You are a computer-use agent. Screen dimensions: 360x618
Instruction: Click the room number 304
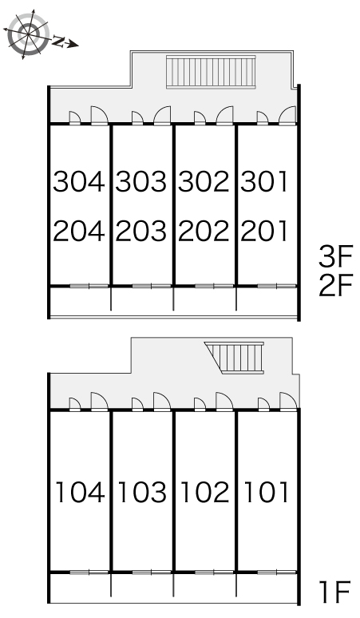(79, 181)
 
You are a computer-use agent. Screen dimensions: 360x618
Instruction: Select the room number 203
(141, 231)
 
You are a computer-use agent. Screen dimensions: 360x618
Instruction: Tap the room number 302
(204, 181)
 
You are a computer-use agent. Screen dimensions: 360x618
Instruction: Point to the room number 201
(264, 231)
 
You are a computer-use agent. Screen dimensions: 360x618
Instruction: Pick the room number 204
(79, 231)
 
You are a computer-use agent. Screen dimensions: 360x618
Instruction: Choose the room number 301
(264, 181)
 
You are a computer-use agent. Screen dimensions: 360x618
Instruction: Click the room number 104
(81, 492)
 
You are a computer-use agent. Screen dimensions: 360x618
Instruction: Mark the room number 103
(143, 492)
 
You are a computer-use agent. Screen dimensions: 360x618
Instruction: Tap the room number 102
(205, 492)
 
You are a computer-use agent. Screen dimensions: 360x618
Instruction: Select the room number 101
(267, 492)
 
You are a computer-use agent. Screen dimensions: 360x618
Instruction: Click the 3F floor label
(335, 256)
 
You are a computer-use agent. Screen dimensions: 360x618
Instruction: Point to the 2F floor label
(335, 285)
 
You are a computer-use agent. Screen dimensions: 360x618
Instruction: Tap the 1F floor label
(335, 591)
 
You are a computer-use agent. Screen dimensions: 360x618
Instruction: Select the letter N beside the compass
(59, 41)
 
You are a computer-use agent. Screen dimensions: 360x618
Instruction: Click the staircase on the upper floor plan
(211, 72)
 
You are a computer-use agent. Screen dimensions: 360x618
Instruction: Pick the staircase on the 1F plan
(235, 358)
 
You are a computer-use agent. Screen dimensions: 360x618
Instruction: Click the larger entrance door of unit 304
(99, 116)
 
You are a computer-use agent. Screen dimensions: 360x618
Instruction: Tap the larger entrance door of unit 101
(288, 402)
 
